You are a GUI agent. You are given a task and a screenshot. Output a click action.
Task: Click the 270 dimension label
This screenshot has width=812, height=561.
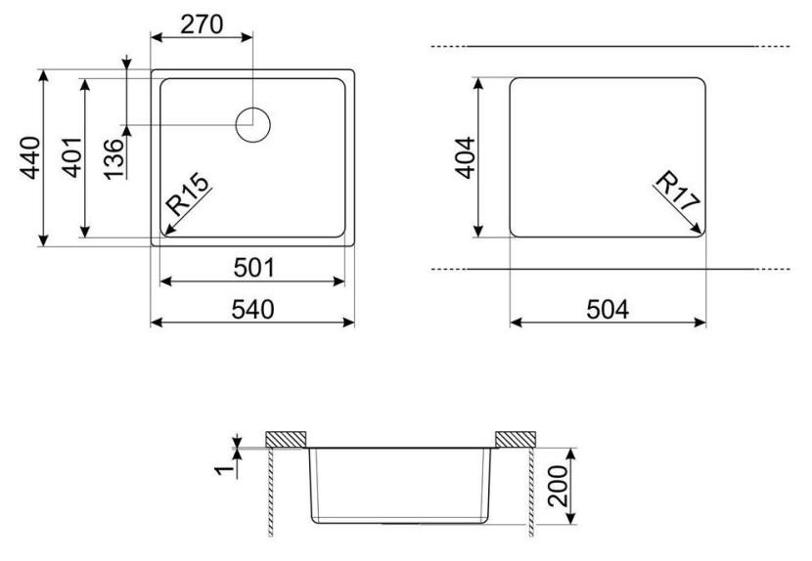[202, 24]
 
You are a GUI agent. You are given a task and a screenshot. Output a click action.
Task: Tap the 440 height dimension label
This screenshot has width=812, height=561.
[30, 158]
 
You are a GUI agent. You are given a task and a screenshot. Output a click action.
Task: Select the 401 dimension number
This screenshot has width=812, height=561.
[72, 157]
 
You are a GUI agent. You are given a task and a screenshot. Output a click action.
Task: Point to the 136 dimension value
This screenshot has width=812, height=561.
[113, 159]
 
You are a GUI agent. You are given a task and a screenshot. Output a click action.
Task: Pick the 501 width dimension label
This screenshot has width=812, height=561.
[253, 268]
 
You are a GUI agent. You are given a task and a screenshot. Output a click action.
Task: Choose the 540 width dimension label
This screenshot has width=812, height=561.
[252, 310]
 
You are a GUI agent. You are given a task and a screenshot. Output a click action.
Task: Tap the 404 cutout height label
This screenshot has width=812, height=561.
[465, 158]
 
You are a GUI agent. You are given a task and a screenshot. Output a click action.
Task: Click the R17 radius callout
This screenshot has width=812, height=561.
[677, 191]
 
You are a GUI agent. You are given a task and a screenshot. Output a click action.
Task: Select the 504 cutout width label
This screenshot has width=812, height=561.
[608, 310]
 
